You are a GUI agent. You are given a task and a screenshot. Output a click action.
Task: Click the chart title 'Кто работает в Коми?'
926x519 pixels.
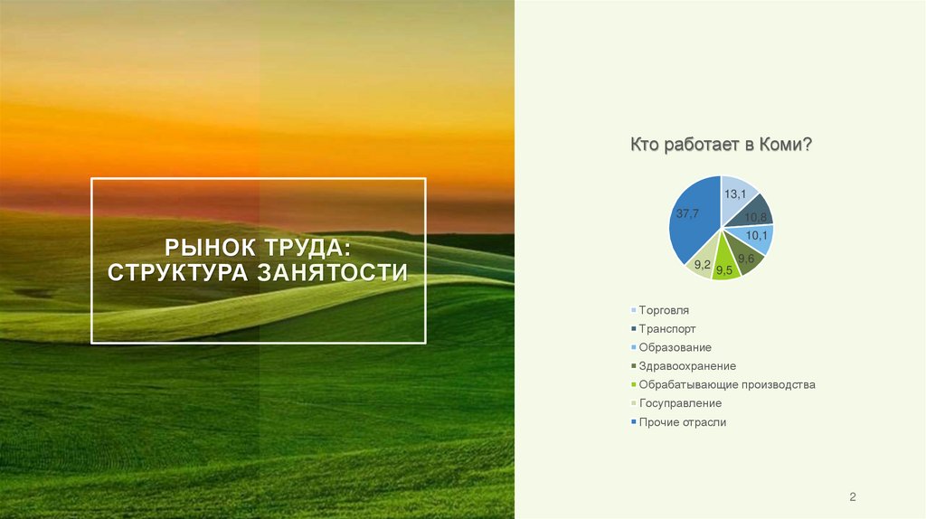tap(721, 145)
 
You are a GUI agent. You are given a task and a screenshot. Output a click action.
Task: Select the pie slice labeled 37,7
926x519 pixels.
tap(689, 222)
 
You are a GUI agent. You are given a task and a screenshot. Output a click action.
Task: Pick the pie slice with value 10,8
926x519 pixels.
tap(754, 214)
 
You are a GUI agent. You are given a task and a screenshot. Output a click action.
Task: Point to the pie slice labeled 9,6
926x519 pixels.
tap(745, 258)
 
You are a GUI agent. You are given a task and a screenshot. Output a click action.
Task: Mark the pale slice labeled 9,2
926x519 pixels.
tap(703, 262)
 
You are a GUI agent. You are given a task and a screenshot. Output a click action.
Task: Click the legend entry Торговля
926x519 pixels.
tap(663, 310)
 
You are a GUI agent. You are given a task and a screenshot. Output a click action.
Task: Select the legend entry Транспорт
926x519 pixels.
tap(666, 329)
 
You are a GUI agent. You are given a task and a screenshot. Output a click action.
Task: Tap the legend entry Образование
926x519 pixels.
tap(675, 347)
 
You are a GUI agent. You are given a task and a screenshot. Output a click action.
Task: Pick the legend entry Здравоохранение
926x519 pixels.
tap(686, 366)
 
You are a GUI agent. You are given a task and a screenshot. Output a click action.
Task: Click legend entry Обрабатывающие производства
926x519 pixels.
tap(726, 384)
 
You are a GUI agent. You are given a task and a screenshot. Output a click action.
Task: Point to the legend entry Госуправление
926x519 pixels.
tap(679, 403)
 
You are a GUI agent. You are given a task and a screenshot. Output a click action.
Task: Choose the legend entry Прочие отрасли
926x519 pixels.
tap(682, 422)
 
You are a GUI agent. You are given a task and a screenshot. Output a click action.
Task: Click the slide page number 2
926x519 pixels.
tap(852, 497)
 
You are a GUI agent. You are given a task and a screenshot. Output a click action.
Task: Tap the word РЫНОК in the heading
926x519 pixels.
tap(207, 246)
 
